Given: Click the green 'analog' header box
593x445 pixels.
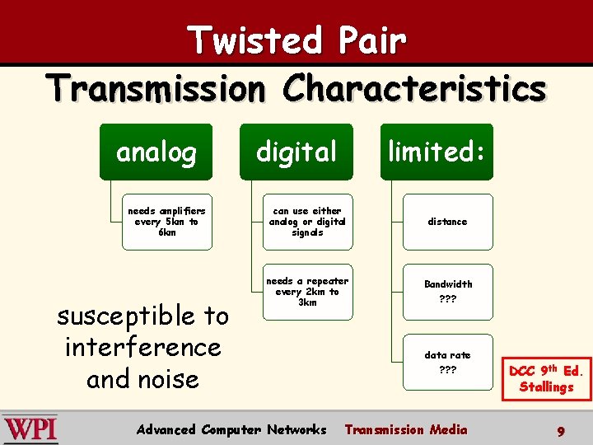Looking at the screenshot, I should tap(156, 152).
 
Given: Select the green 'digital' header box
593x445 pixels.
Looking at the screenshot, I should tap(296, 152).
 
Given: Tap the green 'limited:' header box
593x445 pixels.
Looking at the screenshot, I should tap(436, 152).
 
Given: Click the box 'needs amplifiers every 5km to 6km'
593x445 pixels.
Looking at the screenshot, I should tap(167, 222).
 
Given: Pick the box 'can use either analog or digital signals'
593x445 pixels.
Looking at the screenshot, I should tap(307, 222).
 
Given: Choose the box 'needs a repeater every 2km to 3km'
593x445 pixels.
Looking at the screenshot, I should tap(307, 292).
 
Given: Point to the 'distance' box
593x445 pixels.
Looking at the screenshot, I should tap(447, 222).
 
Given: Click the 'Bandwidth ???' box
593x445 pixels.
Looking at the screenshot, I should tap(447, 292).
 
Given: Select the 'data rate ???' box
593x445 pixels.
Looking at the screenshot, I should tap(447, 362).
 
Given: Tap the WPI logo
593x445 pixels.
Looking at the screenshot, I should tap(30, 429).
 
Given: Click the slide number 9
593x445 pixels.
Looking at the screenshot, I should tap(560, 430).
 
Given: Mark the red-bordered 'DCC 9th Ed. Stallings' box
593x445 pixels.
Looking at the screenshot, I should tap(546, 378).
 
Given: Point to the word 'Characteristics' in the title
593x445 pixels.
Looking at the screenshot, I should tap(414, 88).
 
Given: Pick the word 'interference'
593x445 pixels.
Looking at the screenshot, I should tap(142, 347).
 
